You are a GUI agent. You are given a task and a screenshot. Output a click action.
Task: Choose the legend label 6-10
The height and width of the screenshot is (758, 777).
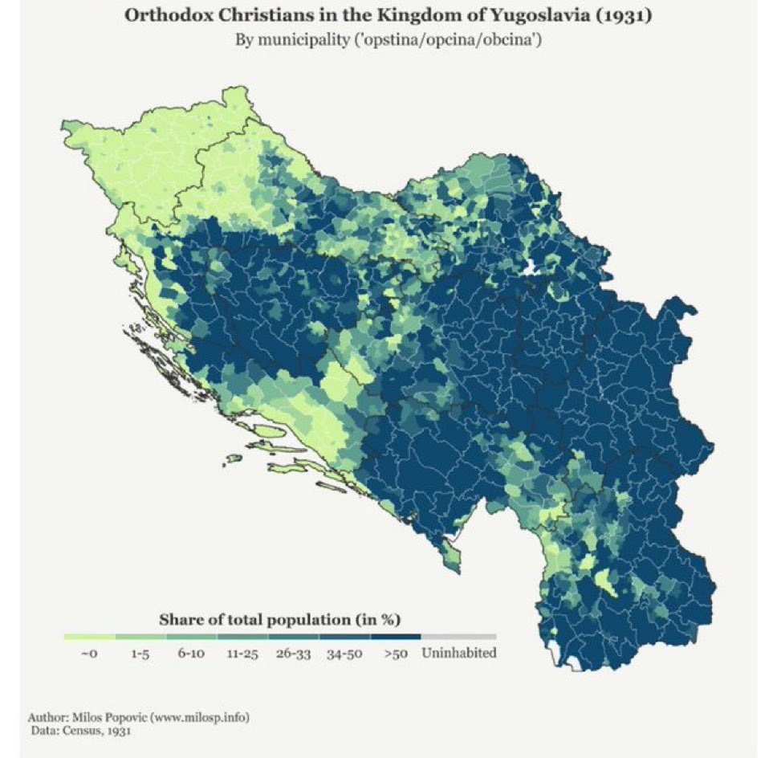(190, 654)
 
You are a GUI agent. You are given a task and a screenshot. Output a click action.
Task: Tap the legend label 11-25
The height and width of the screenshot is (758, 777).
(241, 654)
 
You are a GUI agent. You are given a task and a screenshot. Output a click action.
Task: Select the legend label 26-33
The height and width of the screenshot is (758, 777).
(293, 654)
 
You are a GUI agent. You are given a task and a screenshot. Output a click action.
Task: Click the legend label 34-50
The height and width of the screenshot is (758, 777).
(345, 654)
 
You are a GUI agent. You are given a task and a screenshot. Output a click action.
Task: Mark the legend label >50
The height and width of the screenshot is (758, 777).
(395, 654)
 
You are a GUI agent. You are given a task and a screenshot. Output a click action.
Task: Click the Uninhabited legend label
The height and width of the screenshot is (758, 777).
(458, 653)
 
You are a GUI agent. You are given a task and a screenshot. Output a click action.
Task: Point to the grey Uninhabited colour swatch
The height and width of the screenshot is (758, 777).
(458, 637)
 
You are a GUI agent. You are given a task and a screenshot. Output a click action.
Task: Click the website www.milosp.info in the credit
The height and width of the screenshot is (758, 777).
(201, 717)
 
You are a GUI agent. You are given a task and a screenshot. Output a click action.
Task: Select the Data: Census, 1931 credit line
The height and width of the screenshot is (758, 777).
(80, 731)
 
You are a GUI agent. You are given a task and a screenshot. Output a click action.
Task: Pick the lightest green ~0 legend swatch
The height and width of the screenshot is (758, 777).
(89, 637)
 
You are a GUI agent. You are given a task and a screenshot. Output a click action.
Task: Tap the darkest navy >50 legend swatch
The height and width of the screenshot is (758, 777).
(395, 637)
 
